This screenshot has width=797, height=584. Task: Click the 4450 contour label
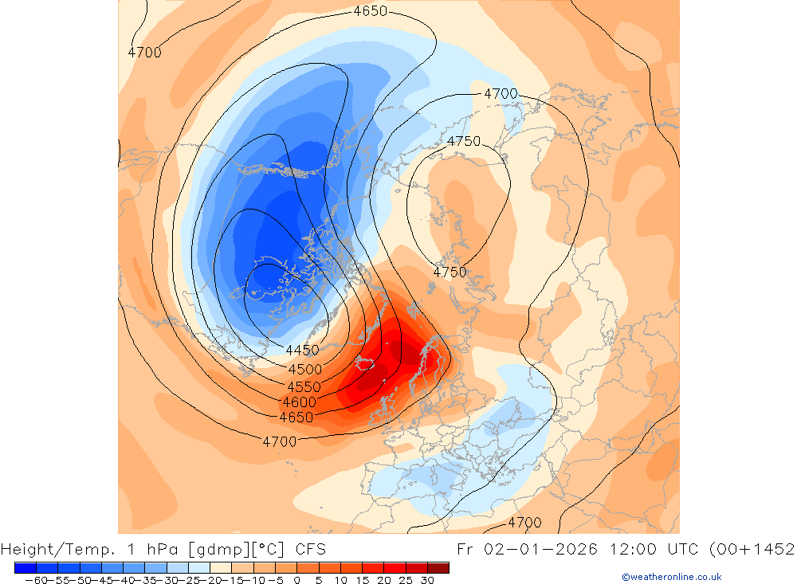tap(302, 350)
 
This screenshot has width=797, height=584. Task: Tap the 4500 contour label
tap(305, 369)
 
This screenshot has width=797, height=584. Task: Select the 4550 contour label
tap(304, 386)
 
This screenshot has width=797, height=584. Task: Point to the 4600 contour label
tap(299, 402)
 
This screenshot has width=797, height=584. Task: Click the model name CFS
tap(309, 549)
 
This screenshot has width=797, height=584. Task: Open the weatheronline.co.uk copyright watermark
tap(672, 577)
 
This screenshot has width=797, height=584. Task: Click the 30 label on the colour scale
tap(427, 580)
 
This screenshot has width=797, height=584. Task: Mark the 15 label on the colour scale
tap(362, 580)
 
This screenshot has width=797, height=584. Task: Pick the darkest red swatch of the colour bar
tap(438, 567)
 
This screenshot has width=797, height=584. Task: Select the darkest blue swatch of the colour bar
tap(25, 567)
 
